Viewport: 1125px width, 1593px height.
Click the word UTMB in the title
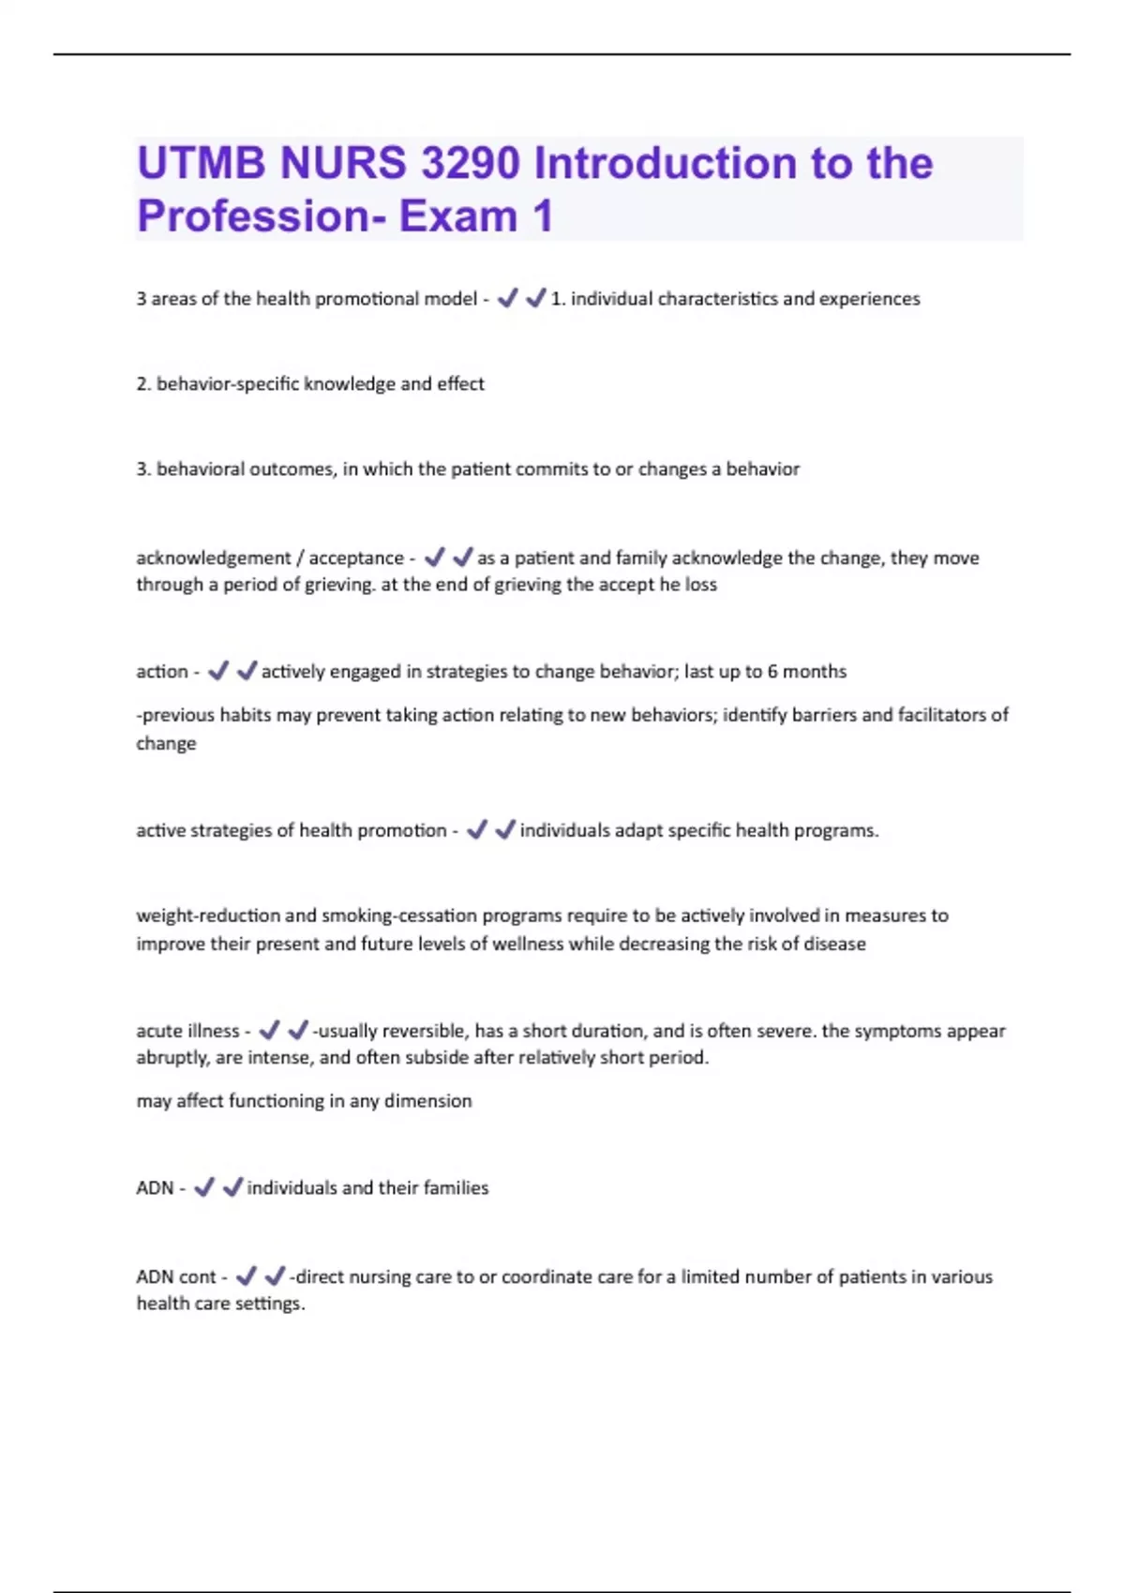[x=201, y=164]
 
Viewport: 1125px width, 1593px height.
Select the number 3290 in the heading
[x=470, y=164]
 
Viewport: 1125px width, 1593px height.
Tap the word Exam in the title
[x=457, y=216]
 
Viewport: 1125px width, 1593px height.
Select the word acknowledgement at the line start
[x=214, y=558]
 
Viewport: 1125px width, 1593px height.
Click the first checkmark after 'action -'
[x=218, y=671]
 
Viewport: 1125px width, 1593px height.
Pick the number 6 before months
[x=772, y=672]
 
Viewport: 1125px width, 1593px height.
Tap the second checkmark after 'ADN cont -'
[x=275, y=1276]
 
